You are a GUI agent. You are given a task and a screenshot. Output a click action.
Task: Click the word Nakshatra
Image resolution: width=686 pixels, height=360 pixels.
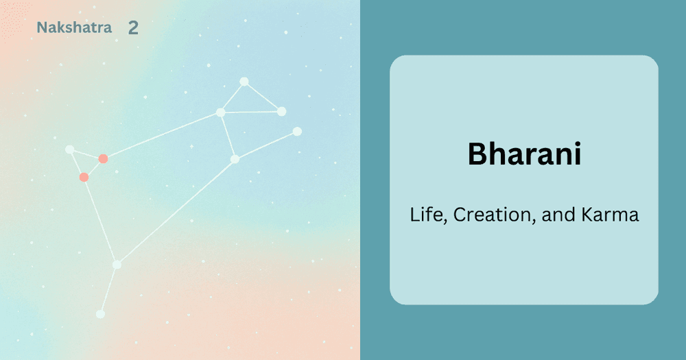76,28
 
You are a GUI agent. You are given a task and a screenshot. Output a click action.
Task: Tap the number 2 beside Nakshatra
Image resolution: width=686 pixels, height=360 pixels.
133,28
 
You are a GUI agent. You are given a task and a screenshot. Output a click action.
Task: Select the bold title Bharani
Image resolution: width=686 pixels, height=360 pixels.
524,154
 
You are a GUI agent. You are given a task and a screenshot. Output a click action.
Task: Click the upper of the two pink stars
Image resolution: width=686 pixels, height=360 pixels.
103,158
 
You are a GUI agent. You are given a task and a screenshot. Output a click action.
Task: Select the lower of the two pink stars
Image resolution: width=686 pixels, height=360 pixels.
84,177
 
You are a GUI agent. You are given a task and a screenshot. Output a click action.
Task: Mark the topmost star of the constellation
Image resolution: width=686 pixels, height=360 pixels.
244,82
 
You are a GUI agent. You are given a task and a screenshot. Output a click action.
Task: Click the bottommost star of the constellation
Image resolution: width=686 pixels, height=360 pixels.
100,314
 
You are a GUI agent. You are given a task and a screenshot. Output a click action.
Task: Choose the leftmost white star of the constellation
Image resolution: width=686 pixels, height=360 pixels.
69,149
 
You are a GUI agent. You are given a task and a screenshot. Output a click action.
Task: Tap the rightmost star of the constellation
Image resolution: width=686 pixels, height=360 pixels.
297,131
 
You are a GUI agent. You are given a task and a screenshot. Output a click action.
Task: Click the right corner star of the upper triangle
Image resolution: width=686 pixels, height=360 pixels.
281,111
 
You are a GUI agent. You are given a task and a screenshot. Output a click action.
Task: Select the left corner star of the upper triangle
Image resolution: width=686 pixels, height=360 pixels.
220,112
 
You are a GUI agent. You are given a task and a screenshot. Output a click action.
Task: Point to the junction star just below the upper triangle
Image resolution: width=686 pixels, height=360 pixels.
235,159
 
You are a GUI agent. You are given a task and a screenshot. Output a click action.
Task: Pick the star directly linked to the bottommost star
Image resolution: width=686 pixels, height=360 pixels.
117,265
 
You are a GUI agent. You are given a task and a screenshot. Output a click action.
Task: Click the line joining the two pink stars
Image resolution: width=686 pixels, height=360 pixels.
93,168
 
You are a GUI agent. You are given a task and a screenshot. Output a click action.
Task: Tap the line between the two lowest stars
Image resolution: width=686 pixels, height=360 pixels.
108,289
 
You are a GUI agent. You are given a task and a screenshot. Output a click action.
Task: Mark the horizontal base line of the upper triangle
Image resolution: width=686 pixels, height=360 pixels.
250,112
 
